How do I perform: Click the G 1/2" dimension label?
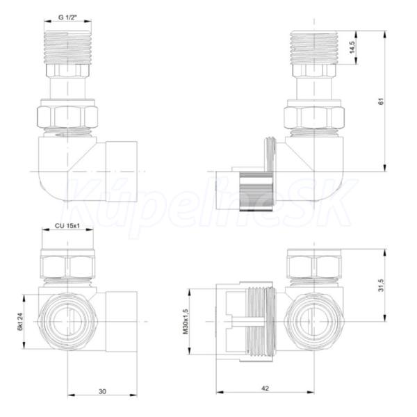pyautogui.click(x=67, y=17)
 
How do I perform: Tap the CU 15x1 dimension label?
pyautogui.click(x=67, y=226)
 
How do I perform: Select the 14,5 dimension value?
pyautogui.click(x=352, y=47)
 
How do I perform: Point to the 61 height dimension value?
pyautogui.click(x=381, y=101)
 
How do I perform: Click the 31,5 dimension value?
pyautogui.click(x=381, y=286)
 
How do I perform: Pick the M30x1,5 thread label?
pyautogui.click(x=186, y=322)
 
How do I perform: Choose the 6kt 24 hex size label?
pyautogui.click(x=20, y=322)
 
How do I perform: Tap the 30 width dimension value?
pyautogui.click(x=102, y=391)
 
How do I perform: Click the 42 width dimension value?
pyautogui.click(x=265, y=389)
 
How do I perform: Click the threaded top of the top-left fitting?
pyautogui.click(x=67, y=47)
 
